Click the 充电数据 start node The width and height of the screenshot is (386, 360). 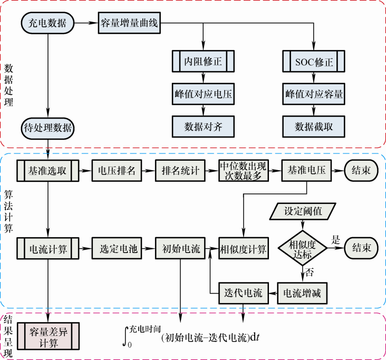click(48, 23)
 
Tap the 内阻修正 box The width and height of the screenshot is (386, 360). click(203, 62)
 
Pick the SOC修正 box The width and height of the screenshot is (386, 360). click(314, 62)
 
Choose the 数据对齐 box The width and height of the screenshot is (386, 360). click(203, 127)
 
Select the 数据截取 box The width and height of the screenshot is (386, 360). click(314, 127)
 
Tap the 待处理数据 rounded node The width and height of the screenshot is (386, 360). click(48, 127)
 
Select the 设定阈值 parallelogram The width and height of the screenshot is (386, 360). click(302, 212)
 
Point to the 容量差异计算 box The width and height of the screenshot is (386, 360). click(48, 336)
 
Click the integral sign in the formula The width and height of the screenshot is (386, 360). click(126, 336)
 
